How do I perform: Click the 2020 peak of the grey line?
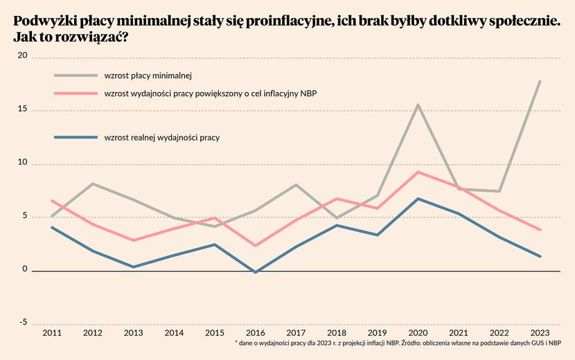coord(418,105)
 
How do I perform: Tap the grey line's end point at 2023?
coord(540,81)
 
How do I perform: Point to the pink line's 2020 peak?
coord(418,172)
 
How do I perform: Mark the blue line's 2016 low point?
coord(256,272)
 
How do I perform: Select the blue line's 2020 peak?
coord(418,199)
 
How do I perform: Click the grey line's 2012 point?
coord(93,183)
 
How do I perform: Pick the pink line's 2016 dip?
coord(256,245)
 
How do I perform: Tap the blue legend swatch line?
coord(76,138)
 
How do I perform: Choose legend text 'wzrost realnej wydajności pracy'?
coord(161,138)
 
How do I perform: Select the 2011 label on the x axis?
coord(52,333)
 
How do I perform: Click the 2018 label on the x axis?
coord(337,333)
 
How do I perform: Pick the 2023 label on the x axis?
coord(540,333)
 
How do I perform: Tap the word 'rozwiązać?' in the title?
coord(94,38)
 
